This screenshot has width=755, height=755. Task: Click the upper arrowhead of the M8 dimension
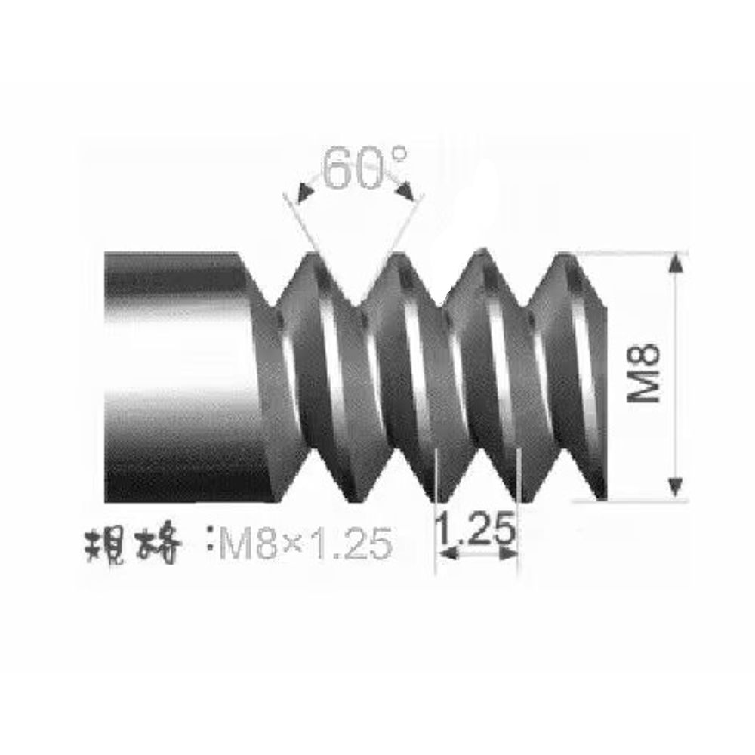pos(676,263)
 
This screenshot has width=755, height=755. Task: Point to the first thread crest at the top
pos(312,255)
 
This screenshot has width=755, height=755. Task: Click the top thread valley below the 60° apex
pos(353,302)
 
